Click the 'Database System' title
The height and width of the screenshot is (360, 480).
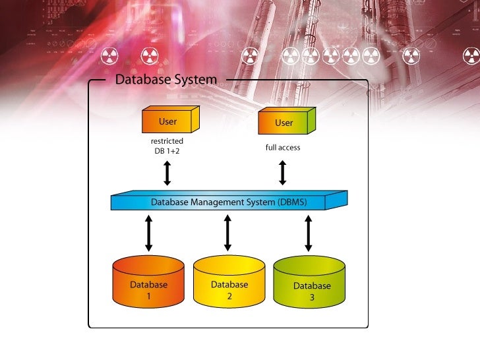coord(165,80)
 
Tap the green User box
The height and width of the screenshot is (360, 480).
coord(286,123)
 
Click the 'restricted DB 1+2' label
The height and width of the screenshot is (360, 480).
coord(167,146)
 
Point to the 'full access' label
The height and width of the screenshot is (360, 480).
coord(283,148)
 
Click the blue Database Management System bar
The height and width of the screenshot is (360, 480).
coord(228,202)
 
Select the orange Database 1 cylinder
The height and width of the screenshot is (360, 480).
coord(148,282)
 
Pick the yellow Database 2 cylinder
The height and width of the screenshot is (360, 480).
coord(229,282)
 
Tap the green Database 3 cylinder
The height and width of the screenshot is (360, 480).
coord(310,283)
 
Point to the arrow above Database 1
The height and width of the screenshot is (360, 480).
coord(149,232)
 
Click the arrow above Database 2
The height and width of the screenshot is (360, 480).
coord(228,232)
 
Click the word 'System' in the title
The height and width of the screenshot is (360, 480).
coord(195,80)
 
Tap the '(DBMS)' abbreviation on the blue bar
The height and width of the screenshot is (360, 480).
coord(292,202)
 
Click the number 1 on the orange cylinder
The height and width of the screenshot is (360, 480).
coord(148,297)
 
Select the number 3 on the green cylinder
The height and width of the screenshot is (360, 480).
coord(312,298)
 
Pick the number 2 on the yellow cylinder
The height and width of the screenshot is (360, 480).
coord(229,297)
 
